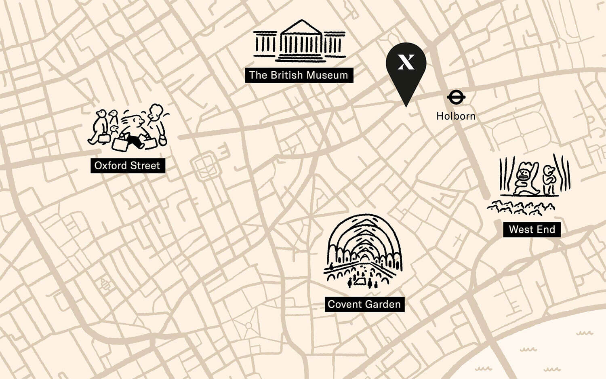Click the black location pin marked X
click(406, 65)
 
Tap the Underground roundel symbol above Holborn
click(456, 97)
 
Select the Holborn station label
click(456, 116)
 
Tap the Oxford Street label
click(127, 166)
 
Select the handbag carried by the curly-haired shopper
click(162, 140)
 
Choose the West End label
click(532, 230)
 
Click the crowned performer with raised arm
click(524, 178)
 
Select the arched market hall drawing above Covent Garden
click(364, 251)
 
